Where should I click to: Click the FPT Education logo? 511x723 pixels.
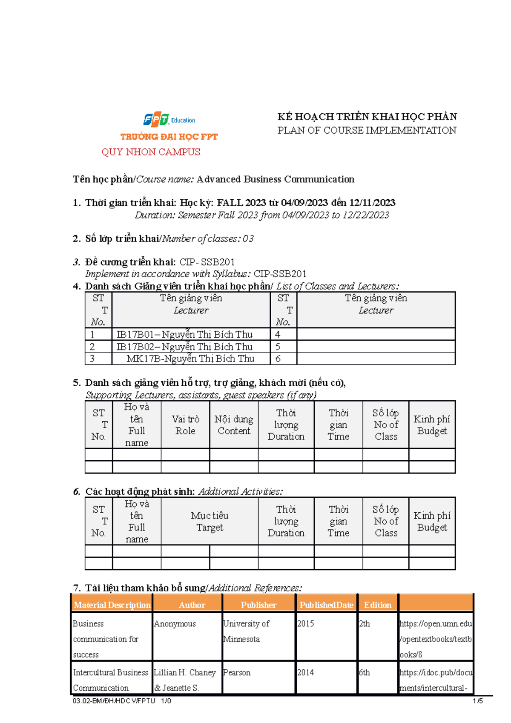169,120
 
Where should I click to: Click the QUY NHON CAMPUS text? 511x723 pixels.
151,152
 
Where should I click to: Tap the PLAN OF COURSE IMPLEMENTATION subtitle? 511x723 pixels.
367,130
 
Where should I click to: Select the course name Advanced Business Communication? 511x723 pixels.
275,179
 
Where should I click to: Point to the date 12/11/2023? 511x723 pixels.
372,203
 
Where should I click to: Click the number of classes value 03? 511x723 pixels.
248,239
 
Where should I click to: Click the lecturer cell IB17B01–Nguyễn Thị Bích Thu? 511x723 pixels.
185,335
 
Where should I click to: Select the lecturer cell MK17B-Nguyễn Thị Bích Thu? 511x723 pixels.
190,359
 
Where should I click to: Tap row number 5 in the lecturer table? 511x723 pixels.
278,347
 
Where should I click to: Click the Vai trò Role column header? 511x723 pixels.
185,425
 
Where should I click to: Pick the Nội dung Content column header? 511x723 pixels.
234,425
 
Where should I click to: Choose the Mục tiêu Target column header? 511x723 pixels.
210,521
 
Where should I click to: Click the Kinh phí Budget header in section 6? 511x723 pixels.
432,521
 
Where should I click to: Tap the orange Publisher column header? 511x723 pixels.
258,605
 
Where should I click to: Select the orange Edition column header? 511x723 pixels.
377,605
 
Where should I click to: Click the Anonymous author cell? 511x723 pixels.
175,624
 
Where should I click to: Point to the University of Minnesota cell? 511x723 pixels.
246,631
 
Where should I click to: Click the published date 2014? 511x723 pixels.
305,673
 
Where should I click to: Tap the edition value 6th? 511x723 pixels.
365,673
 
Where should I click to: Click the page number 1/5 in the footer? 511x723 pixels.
477,701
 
